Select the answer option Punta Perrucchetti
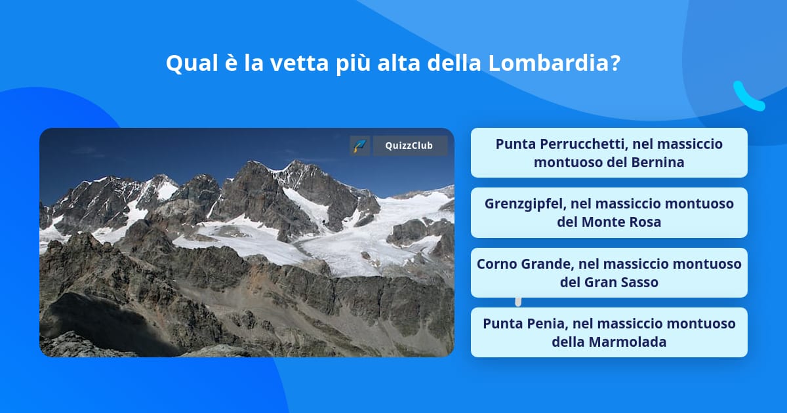[609, 153]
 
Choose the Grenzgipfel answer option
[609, 212]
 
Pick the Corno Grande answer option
[609, 273]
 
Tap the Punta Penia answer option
[609, 332]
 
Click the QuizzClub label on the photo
[410, 146]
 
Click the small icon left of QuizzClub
[359, 146]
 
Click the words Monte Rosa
[621, 222]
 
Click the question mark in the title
[615, 63]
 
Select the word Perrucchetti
[591, 144]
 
